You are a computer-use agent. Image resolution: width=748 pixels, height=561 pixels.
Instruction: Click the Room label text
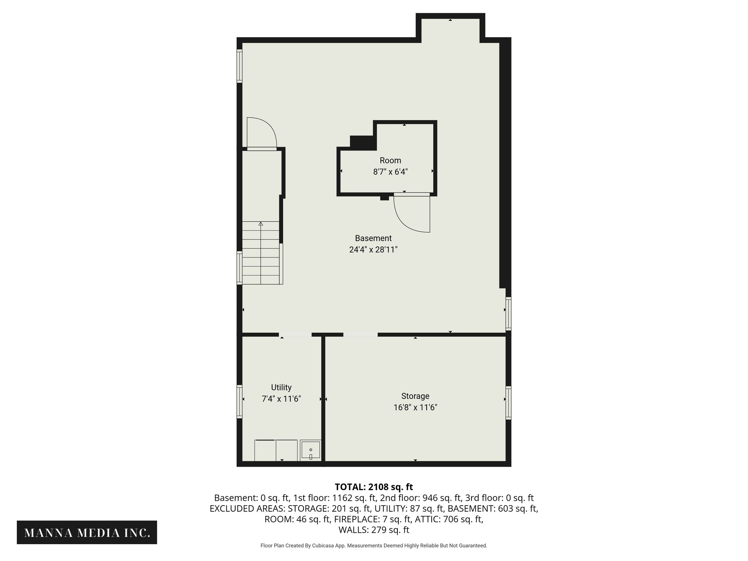click(x=390, y=160)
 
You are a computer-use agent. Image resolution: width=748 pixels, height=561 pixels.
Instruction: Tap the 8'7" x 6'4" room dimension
click(x=390, y=172)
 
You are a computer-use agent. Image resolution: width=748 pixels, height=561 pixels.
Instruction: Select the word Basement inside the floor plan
click(x=373, y=238)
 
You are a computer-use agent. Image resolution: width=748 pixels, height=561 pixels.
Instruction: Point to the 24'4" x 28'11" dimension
click(x=373, y=250)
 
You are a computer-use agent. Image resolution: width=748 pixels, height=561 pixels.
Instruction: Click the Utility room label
click(x=281, y=387)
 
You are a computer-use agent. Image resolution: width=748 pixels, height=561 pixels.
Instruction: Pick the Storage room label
click(x=415, y=396)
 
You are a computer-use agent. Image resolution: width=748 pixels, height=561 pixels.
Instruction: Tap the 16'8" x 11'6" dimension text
click(x=415, y=407)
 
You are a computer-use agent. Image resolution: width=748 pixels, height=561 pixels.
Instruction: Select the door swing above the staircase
click(x=262, y=133)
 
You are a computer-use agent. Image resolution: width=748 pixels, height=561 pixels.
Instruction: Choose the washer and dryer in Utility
click(x=276, y=451)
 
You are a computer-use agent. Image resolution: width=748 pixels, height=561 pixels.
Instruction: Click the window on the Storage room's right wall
click(x=508, y=403)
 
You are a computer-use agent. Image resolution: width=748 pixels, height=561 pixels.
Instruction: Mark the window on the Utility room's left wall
click(x=240, y=402)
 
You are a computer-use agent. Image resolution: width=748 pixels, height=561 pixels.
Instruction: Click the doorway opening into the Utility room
click(x=295, y=335)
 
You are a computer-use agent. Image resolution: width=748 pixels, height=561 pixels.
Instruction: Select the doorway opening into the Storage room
click(x=360, y=335)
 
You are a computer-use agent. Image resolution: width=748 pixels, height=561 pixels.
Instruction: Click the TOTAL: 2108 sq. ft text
click(x=374, y=487)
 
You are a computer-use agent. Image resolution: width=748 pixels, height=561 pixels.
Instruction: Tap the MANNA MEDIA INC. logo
click(x=87, y=533)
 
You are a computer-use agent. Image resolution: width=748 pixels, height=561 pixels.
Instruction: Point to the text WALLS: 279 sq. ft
click(x=374, y=530)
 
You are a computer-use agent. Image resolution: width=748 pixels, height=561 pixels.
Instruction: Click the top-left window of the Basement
click(x=240, y=66)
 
